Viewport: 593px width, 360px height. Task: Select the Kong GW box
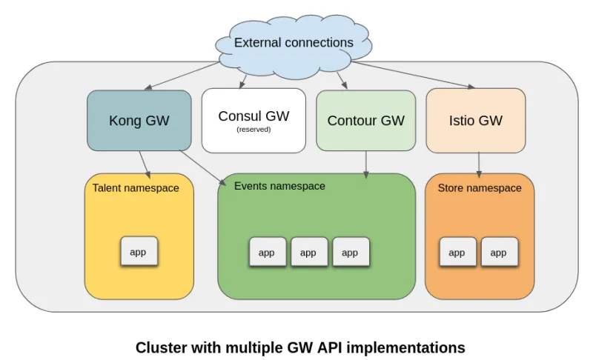pos(139,120)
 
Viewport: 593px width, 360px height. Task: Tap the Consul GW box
pos(254,120)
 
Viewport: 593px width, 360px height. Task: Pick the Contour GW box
pos(365,120)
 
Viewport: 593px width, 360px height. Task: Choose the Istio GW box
pos(476,120)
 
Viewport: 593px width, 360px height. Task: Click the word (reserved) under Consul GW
pos(254,130)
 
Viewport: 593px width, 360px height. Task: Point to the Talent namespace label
pos(136,188)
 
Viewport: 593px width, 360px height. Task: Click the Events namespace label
pos(279,186)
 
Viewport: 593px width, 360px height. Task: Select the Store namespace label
pos(480,188)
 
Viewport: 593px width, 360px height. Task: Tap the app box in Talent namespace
pos(139,252)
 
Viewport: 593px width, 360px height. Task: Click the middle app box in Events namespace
pos(308,253)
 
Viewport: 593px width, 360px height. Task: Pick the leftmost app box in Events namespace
pos(267,253)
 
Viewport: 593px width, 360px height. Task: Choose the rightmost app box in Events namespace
pos(350,253)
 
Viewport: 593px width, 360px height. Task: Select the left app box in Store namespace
pos(457,253)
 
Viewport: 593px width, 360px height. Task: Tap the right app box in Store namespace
pos(499,253)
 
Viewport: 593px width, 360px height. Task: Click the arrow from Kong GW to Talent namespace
pos(145,164)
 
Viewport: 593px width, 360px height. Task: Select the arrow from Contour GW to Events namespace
pos(365,164)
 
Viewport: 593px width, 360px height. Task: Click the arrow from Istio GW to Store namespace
pos(478,162)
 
